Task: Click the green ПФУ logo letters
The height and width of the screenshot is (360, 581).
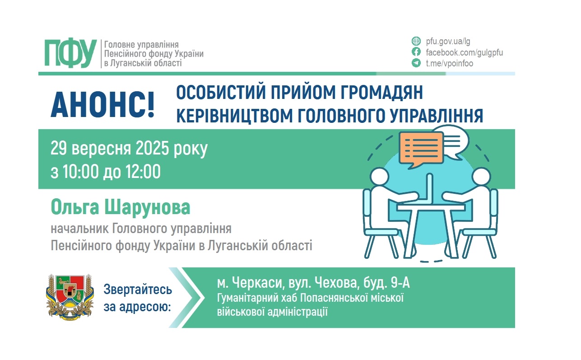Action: [70, 53]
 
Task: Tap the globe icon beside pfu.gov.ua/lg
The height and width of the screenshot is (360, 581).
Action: [416, 41]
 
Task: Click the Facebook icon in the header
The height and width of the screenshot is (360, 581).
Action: [416, 52]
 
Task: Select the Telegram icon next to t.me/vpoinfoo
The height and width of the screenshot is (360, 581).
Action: [416, 63]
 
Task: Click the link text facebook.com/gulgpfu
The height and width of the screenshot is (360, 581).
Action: [464, 52]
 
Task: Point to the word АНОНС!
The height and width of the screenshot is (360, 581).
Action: [103, 105]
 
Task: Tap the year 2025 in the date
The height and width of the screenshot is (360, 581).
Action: [152, 148]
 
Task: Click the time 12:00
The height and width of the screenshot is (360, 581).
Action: [143, 172]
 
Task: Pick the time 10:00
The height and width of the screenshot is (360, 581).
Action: [80, 172]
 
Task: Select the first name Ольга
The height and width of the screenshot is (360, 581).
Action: [75, 207]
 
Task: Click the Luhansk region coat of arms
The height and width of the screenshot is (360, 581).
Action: [70, 297]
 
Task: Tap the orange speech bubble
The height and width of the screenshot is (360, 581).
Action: [421, 150]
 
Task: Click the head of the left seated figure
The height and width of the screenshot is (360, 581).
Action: [380, 177]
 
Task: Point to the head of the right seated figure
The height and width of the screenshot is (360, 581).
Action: [481, 177]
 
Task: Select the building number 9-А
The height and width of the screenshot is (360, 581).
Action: [400, 282]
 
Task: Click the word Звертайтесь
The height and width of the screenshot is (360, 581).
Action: [138, 290]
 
